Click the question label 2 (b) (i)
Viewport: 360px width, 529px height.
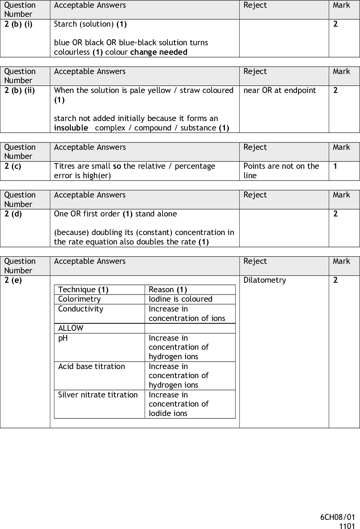(18, 24)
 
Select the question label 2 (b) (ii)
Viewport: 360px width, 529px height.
(20, 91)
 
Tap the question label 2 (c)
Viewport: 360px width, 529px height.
(13, 166)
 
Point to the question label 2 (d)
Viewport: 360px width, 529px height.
(13, 214)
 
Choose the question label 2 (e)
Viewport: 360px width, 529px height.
(13, 280)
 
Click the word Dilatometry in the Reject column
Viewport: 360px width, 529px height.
(265, 280)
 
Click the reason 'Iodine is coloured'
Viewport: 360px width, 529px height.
(180, 299)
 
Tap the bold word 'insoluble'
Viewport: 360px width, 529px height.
(71, 128)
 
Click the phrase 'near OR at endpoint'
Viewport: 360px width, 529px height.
(280, 91)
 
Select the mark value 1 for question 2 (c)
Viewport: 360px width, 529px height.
(335, 166)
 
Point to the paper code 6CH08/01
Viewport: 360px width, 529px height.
(338, 517)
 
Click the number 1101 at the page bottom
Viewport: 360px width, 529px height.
(347, 525)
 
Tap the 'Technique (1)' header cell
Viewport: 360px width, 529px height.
(83, 290)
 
